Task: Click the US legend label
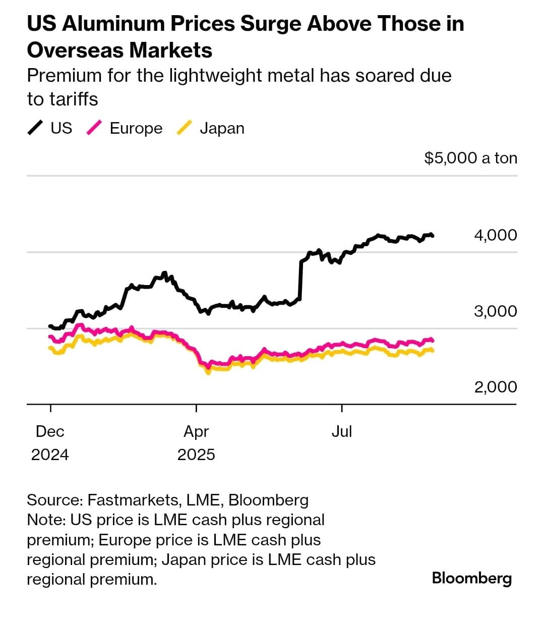click(x=62, y=128)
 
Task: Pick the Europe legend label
click(x=136, y=128)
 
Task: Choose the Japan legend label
click(x=222, y=128)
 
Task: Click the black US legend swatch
click(x=35, y=128)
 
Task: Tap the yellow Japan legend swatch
click(x=185, y=128)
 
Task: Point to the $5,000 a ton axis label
click(x=470, y=158)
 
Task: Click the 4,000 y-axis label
click(x=495, y=235)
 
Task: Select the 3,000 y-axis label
click(x=495, y=311)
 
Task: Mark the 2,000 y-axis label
click(x=495, y=387)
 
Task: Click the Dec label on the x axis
click(x=50, y=431)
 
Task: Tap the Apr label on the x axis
click(x=196, y=431)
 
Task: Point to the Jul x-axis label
click(x=342, y=431)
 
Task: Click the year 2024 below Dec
click(x=50, y=455)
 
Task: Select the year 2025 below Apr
click(x=196, y=455)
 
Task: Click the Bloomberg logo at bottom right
click(x=471, y=578)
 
